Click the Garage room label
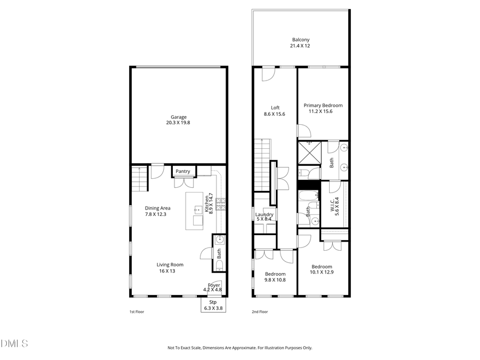pos(179,117)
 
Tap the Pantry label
pos(183,171)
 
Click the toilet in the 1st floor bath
pos(219,266)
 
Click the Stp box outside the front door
pos(213,305)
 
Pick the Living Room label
pos(170,265)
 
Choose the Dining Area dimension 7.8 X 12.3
pos(156,214)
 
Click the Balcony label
pos(300,39)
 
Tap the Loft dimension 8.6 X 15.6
pos(275,114)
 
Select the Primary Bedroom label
pos(323,106)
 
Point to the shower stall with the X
pos(309,153)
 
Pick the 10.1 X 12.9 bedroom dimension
pos(322,273)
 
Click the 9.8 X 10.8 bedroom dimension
pos(275,280)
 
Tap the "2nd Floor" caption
pos(260,311)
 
